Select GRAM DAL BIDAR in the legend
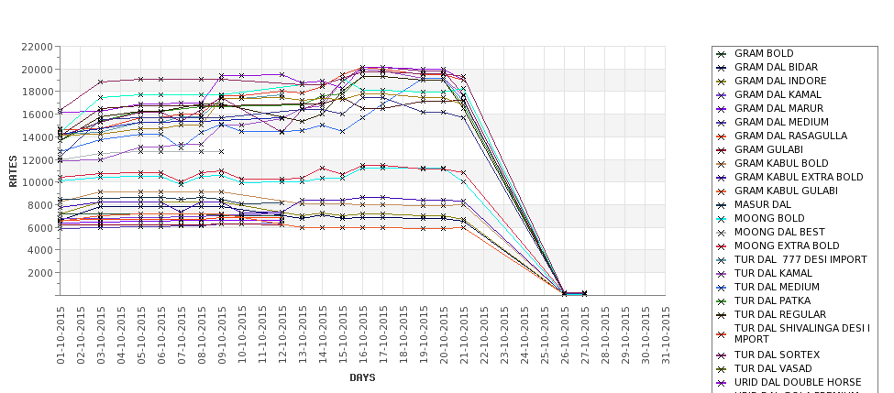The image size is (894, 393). pyautogui.click(x=776, y=68)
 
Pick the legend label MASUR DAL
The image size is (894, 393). pyautogui.click(x=762, y=204)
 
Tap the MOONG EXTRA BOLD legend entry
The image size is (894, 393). pyautogui.click(x=787, y=246)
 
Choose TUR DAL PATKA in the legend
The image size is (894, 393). pyautogui.click(x=772, y=300)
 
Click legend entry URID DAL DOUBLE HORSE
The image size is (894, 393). pyautogui.click(x=798, y=382)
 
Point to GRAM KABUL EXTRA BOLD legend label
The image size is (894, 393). pyautogui.click(x=799, y=177)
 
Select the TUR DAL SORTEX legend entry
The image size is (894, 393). pyautogui.click(x=777, y=355)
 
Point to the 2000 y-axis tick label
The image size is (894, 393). pyautogui.click(x=39, y=273)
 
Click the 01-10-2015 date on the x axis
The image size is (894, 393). pyautogui.click(x=61, y=335)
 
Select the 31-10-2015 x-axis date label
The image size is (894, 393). pyautogui.click(x=666, y=335)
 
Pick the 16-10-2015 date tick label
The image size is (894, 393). pyautogui.click(x=363, y=335)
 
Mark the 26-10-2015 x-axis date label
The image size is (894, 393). pyautogui.click(x=565, y=335)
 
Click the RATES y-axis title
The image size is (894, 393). pyautogui.click(x=13, y=170)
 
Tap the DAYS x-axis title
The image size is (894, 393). pyautogui.click(x=362, y=377)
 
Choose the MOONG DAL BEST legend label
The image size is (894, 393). pyautogui.click(x=779, y=232)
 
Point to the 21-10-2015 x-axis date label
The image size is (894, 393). pyautogui.click(x=464, y=335)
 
